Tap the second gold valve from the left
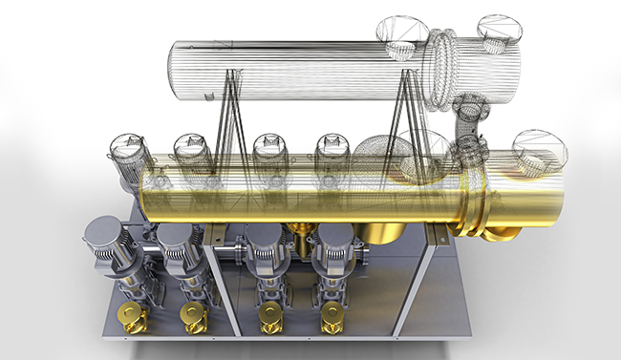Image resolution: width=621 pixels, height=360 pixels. point(192,314)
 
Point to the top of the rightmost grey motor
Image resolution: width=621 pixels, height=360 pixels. point(336,234)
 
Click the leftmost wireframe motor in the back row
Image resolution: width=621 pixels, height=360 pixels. point(125,150)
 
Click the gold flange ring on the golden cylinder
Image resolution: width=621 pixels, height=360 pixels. point(478,205)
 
